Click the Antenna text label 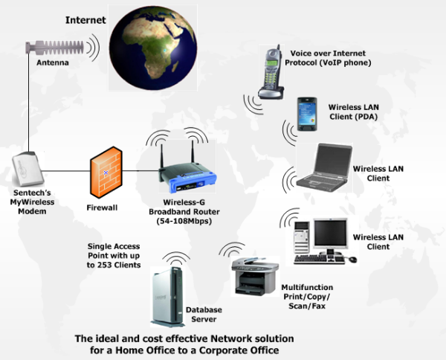(52, 65)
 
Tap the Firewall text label (101, 208)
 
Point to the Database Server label (201, 314)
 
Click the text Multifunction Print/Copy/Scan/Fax (307, 296)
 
